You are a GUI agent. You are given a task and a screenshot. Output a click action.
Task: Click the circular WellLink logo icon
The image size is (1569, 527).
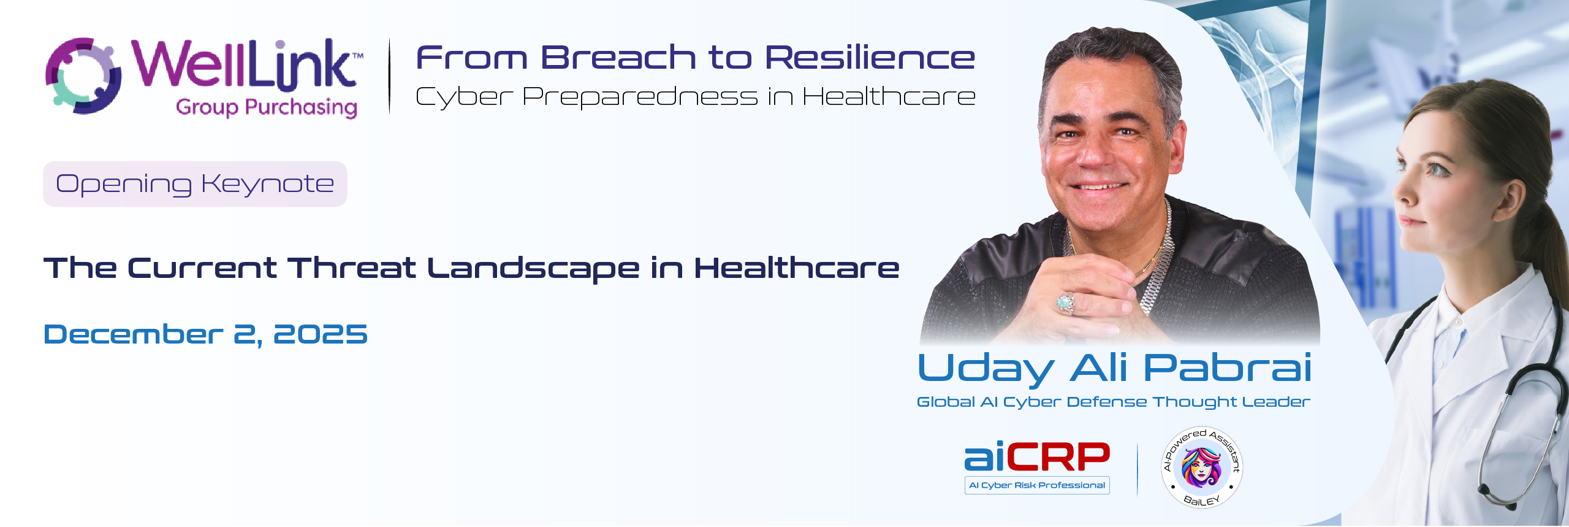coord(83,75)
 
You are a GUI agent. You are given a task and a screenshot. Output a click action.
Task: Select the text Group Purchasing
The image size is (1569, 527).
coord(267,107)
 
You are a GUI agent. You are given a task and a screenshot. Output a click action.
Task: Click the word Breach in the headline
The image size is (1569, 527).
coord(618,58)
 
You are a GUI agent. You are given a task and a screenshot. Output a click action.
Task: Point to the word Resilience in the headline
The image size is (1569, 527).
coord(870,58)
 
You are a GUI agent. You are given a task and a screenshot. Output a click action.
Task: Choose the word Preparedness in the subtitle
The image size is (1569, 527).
coord(640,97)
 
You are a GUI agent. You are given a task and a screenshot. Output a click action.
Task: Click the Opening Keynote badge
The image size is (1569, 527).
coord(195,184)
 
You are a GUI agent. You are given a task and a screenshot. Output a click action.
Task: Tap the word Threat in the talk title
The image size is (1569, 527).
coord(352,268)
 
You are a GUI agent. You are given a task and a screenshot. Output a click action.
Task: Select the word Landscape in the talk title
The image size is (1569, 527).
coord(533,269)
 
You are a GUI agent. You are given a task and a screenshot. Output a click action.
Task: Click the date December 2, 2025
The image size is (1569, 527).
coord(205,335)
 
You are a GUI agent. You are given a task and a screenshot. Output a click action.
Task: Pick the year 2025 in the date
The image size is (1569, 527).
coord(320,334)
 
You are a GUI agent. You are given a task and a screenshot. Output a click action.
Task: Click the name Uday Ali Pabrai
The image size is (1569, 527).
coord(1115,369)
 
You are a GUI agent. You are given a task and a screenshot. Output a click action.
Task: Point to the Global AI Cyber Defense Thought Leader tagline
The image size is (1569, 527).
coord(1113,402)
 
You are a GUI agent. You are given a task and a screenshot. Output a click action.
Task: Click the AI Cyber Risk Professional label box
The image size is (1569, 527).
coord(1037,485)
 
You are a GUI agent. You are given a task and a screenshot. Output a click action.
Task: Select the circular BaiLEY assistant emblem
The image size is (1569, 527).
coord(1202,467)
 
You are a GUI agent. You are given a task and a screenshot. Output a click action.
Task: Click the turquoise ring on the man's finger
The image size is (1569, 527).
coord(1066,302)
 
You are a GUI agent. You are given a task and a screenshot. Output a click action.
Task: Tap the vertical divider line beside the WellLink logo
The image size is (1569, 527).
coord(390,76)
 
